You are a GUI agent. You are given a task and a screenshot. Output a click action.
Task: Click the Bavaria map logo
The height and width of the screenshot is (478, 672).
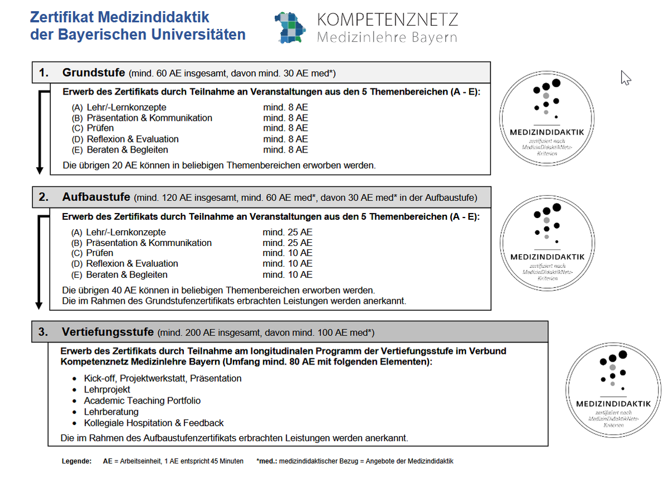[290, 27]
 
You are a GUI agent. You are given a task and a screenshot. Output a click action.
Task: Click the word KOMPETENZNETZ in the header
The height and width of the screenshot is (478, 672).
[387, 20]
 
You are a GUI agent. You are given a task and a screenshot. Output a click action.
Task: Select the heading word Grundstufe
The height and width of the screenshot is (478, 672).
[94, 73]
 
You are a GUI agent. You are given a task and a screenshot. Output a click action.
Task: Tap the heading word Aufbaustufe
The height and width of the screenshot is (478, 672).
[96, 197]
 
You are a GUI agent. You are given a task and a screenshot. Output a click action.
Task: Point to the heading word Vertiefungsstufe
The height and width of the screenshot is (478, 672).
[108, 332]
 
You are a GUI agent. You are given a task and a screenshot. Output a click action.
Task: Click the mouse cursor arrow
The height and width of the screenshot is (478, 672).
[626, 78]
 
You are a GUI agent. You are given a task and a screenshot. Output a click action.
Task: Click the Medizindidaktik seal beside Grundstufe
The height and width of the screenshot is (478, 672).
[547, 119]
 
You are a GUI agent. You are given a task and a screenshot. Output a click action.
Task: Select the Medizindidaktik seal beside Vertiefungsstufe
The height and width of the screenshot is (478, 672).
[613, 390]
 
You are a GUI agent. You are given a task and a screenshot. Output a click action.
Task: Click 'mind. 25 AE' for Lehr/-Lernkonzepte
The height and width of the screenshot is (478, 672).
[287, 232]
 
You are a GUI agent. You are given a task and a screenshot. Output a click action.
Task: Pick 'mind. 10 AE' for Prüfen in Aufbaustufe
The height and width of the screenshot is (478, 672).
[287, 253]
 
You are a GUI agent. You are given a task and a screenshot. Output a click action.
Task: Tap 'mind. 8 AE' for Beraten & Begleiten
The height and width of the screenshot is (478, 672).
[285, 149]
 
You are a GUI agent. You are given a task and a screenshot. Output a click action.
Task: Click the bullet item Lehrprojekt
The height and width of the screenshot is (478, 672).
[107, 390]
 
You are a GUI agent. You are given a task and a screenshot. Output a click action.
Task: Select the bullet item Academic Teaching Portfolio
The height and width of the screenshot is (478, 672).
[142, 400]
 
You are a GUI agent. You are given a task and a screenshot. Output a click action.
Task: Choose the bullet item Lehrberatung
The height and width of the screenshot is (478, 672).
[111, 411]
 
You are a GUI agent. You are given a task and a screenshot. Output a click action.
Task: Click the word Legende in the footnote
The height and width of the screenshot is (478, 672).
[77, 461]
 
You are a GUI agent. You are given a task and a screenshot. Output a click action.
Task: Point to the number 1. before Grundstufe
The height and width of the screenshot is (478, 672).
[44, 73]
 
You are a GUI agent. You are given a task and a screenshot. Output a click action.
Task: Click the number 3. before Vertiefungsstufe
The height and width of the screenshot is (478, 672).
[43, 332]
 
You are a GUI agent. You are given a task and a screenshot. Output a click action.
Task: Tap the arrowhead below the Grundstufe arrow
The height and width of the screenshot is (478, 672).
[40, 171]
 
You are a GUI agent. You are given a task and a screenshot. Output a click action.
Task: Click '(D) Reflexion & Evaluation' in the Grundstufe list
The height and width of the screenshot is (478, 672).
[125, 139]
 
